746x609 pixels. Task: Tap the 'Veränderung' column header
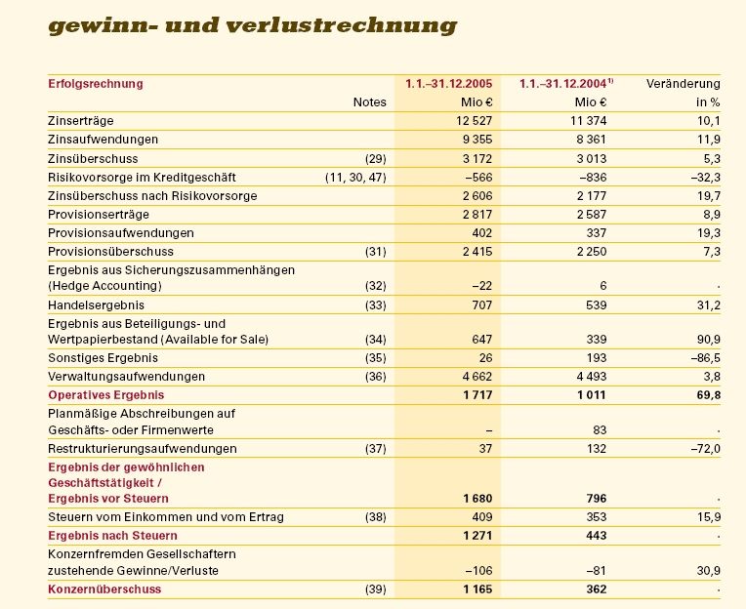click(x=683, y=84)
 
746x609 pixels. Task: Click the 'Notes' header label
click(x=370, y=101)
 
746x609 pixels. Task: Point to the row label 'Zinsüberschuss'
click(x=93, y=158)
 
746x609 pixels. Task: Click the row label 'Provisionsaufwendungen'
click(x=120, y=233)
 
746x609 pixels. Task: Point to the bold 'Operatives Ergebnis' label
click(x=106, y=395)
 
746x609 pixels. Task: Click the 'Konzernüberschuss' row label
click(x=104, y=589)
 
